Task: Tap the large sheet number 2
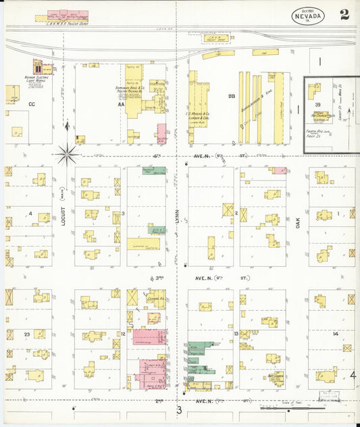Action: [344, 15]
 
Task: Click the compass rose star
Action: [67, 154]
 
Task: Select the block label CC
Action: [31, 104]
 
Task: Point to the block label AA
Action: [121, 104]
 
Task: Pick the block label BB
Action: [231, 96]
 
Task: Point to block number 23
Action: [27, 334]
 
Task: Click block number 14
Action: [335, 334]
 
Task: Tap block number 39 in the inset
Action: [317, 105]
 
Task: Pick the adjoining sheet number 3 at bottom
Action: [179, 409]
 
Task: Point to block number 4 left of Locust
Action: [30, 214]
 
